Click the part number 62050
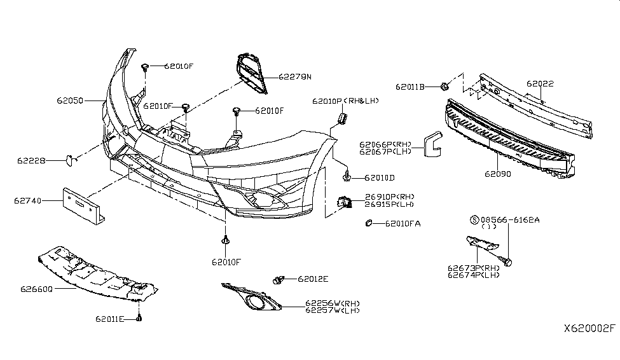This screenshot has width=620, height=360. pyautogui.click(x=70, y=100)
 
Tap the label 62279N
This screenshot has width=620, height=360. pyautogui.click(x=295, y=77)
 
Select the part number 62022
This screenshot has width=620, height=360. pyautogui.click(x=540, y=83)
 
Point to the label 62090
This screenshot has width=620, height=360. pyautogui.click(x=498, y=174)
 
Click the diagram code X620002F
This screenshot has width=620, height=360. pyautogui.click(x=589, y=328)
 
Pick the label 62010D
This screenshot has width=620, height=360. pyautogui.click(x=380, y=178)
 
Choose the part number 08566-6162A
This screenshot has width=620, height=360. pyautogui.click(x=510, y=219)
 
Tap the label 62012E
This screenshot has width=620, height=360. pyautogui.click(x=313, y=279)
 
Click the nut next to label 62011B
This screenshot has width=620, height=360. pyautogui.click(x=444, y=86)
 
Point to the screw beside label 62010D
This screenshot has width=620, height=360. pyautogui.click(x=347, y=176)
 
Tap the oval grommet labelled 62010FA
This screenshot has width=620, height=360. pyautogui.click(x=369, y=223)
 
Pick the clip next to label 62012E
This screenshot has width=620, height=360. pyautogui.click(x=279, y=280)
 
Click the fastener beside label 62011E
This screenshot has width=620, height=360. pyautogui.click(x=139, y=317)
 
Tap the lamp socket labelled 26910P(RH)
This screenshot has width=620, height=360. pyautogui.click(x=344, y=202)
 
